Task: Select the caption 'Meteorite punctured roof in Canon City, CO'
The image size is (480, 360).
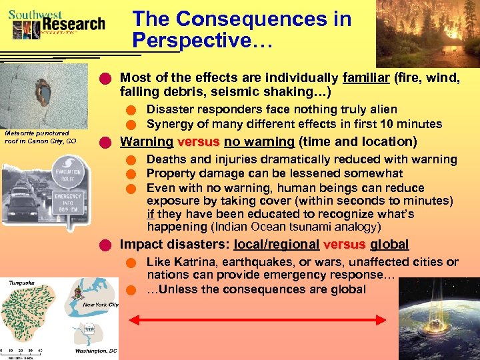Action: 41,137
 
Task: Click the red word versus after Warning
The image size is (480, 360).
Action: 199,141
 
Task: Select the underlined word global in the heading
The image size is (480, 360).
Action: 389,245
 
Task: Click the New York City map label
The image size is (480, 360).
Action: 100,305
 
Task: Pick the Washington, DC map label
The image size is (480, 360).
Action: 96,350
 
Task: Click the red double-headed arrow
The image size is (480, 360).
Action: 259,321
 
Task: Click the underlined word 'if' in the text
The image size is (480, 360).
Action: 151,214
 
